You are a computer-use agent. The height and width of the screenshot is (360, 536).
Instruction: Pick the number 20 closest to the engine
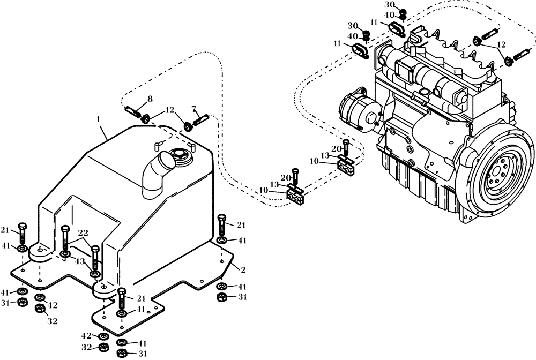tap(336, 148)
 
